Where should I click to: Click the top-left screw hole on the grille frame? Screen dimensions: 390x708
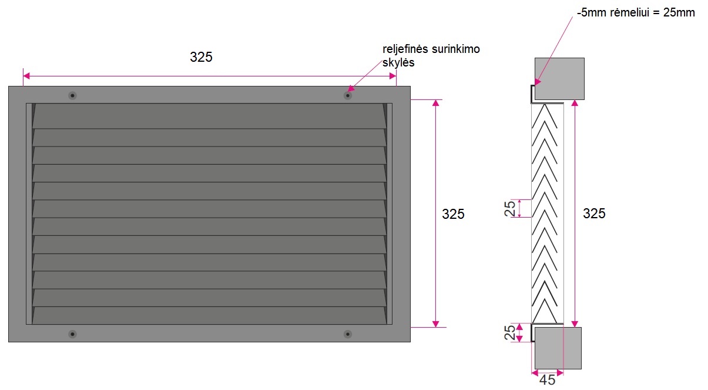click(x=72, y=95)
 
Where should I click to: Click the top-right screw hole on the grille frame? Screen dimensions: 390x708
click(x=348, y=95)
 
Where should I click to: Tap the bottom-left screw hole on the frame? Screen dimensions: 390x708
click(x=72, y=334)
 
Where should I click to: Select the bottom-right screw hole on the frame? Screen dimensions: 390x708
click(x=348, y=334)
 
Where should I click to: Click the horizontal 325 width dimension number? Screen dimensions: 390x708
click(x=201, y=57)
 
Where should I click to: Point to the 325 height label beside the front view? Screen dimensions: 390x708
click(x=453, y=214)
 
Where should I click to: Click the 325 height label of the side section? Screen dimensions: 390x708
click(x=594, y=214)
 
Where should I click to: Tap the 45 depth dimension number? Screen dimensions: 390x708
click(x=547, y=380)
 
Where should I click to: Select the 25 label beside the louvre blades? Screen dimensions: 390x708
click(x=511, y=208)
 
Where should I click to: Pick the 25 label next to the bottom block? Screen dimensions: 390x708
click(x=511, y=333)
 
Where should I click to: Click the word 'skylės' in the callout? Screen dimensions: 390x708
click(x=398, y=62)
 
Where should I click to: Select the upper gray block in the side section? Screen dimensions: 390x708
click(x=559, y=78)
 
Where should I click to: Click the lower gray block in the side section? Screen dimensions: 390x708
click(x=556, y=348)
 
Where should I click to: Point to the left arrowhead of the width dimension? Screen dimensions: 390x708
click(x=26, y=76)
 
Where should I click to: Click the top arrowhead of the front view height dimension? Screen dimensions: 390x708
click(x=435, y=103)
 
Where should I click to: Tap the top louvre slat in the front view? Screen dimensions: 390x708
click(x=209, y=116)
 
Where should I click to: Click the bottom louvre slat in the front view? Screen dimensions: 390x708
click(x=209, y=315)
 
